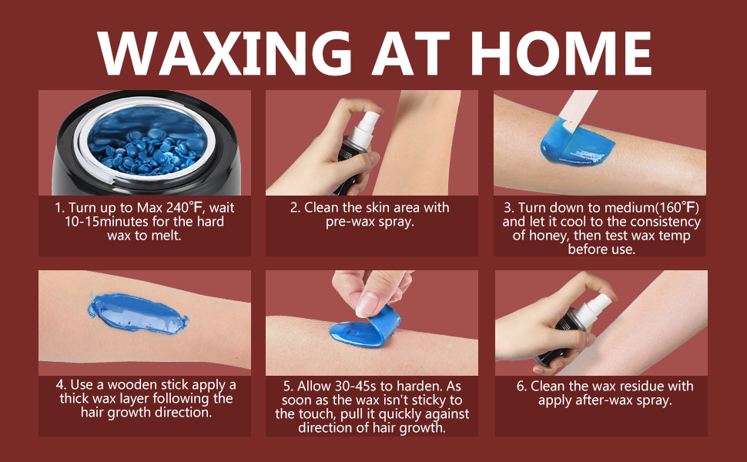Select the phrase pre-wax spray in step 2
click(x=370, y=222)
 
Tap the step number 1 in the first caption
click(x=57, y=208)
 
